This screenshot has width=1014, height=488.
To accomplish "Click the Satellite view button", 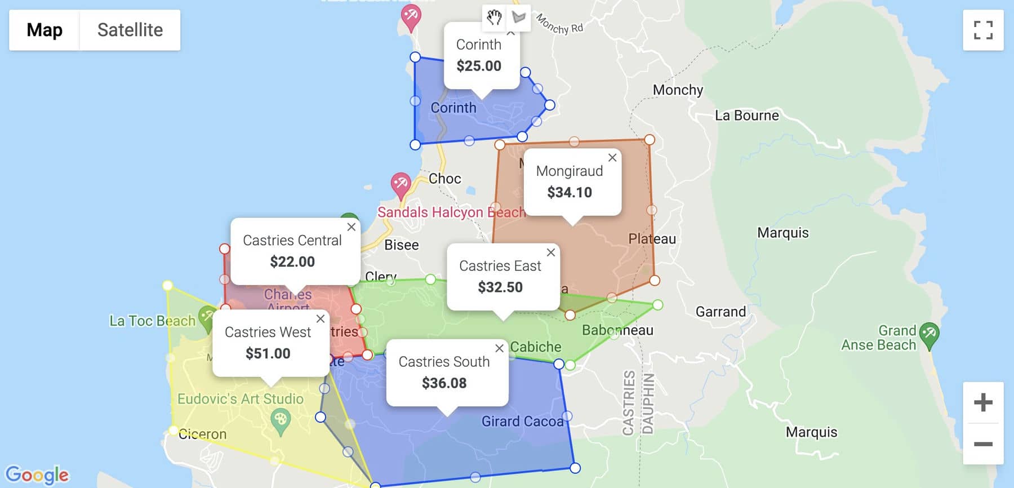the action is (130, 30).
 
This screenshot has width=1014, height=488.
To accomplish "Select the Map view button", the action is (45, 30).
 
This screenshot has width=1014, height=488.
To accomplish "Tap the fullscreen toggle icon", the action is (982, 30).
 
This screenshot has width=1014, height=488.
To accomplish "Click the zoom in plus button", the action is (982, 402).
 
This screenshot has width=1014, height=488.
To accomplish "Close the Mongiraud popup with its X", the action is (612, 158).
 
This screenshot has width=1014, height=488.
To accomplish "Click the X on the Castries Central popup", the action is (352, 227).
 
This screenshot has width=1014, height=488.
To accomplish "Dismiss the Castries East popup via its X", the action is (551, 252).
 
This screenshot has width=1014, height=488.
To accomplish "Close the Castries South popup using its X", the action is (499, 349).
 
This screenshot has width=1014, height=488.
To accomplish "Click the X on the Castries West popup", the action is (321, 319).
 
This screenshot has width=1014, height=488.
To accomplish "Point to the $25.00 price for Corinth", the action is (479, 66).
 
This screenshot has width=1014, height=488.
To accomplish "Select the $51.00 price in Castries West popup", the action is (268, 353).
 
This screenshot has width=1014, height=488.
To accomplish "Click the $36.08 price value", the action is (444, 383).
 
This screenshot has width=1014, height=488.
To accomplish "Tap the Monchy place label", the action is (678, 90).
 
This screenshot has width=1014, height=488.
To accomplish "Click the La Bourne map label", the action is (746, 116).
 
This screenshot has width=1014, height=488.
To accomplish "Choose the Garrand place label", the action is (721, 312).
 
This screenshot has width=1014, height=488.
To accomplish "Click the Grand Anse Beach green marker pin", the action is (928, 334).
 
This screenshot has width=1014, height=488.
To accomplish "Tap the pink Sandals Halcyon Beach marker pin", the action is (401, 184).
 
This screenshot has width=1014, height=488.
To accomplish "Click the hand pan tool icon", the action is (494, 17).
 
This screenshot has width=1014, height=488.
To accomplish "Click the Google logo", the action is (37, 474).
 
